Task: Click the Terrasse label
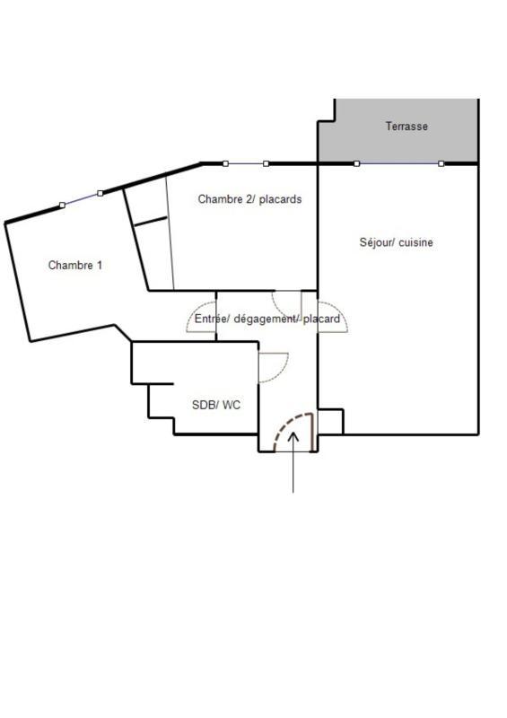(406, 127)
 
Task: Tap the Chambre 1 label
(75, 265)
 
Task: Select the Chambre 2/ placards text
(249, 199)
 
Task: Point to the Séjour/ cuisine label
(396, 242)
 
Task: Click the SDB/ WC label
(216, 405)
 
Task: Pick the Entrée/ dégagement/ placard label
(267, 319)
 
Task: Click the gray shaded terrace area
(422, 144)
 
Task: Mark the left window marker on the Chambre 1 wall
(62, 206)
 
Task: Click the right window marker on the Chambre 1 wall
(100, 193)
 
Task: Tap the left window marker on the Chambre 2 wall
(225, 163)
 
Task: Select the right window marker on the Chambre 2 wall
(266, 163)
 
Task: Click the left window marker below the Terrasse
(357, 163)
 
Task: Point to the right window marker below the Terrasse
(441, 163)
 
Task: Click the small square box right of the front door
(330, 422)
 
